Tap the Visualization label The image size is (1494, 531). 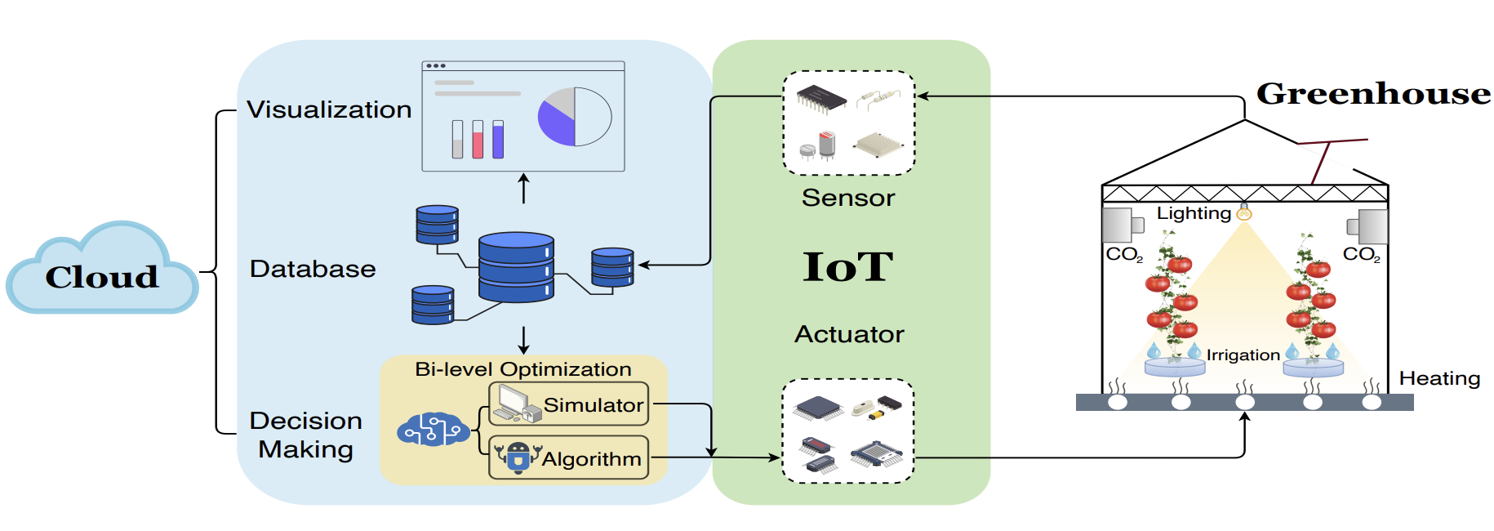click(329, 109)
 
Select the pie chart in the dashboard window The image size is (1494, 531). click(575, 117)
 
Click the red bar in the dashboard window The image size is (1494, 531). click(478, 140)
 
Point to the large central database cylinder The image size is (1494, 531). click(516, 267)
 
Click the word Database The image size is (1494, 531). click(313, 269)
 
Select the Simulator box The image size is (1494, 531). click(569, 404)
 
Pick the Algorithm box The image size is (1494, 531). click(569, 458)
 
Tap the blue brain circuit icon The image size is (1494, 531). click(433, 430)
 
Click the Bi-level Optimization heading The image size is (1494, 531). click(522, 369)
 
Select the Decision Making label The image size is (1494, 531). click(306, 435)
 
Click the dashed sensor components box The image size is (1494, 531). click(849, 123)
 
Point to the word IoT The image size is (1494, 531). click(848, 266)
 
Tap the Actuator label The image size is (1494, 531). click(849, 334)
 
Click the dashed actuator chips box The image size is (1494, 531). click(847, 431)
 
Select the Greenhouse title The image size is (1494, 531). click(1373, 93)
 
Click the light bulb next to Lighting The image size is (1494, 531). click(1243, 213)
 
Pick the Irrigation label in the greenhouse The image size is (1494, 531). click(1243, 355)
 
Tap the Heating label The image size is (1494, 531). click(1439, 378)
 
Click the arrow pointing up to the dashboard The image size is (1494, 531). click(524, 188)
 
